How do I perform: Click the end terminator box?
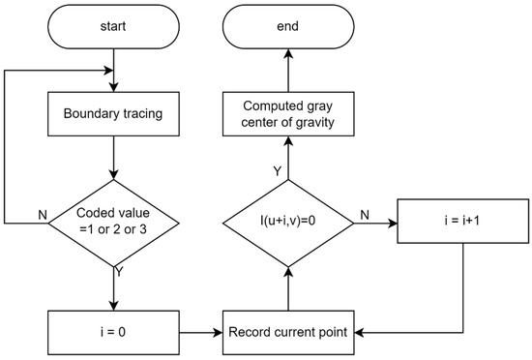click(x=286, y=30)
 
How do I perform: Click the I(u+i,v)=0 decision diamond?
click(x=286, y=222)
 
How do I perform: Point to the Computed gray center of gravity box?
click(x=286, y=113)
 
